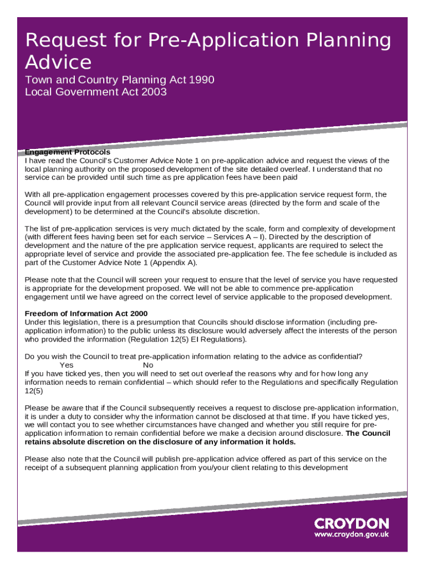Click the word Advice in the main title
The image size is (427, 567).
[x=58, y=61]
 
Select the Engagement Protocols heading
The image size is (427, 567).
[x=68, y=152]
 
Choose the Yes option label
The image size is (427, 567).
[x=67, y=365]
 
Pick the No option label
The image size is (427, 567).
[x=148, y=365]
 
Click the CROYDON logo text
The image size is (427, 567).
[x=352, y=523]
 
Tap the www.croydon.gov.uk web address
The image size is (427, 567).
[x=352, y=535]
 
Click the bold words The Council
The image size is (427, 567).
[x=368, y=433]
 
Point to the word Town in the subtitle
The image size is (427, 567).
[x=37, y=80]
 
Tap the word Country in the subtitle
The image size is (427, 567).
[x=89, y=80]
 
